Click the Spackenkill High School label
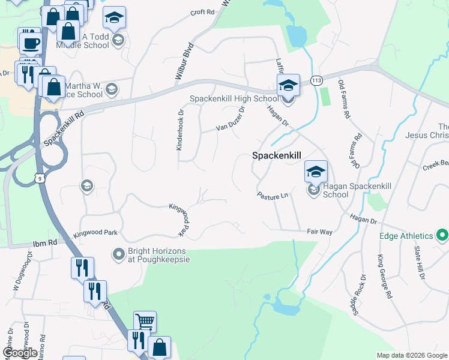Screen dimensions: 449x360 tap(234, 99)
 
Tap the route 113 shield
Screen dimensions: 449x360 tap(316, 80)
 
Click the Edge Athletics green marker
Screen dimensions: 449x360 tap(442, 236)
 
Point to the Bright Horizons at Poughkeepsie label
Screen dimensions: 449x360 tap(158, 254)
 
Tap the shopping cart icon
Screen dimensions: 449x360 tap(145, 322)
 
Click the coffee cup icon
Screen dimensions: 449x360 tap(30, 43)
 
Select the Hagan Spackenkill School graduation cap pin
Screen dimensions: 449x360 tap(316, 172)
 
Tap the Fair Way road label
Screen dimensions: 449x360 tap(319, 231)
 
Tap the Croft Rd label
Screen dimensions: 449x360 tap(202, 12)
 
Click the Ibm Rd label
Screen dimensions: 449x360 tap(44, 242)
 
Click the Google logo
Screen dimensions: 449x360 tap(20, 352)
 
